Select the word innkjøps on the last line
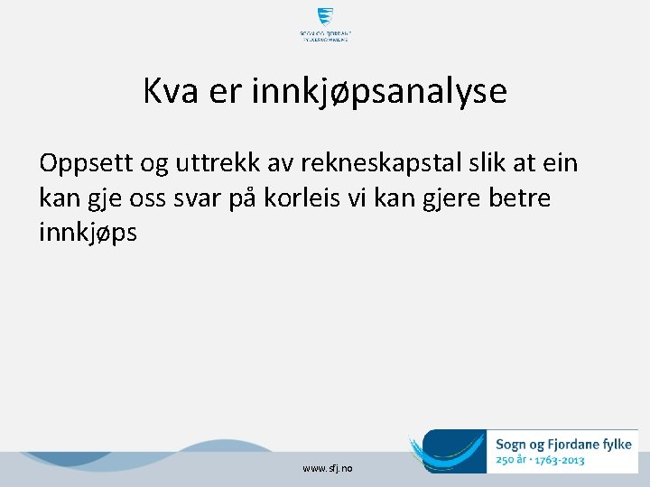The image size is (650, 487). [x=88, y=232]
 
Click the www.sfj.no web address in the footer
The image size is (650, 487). [x=329, y=469]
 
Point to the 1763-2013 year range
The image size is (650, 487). [x=560, y=460]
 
